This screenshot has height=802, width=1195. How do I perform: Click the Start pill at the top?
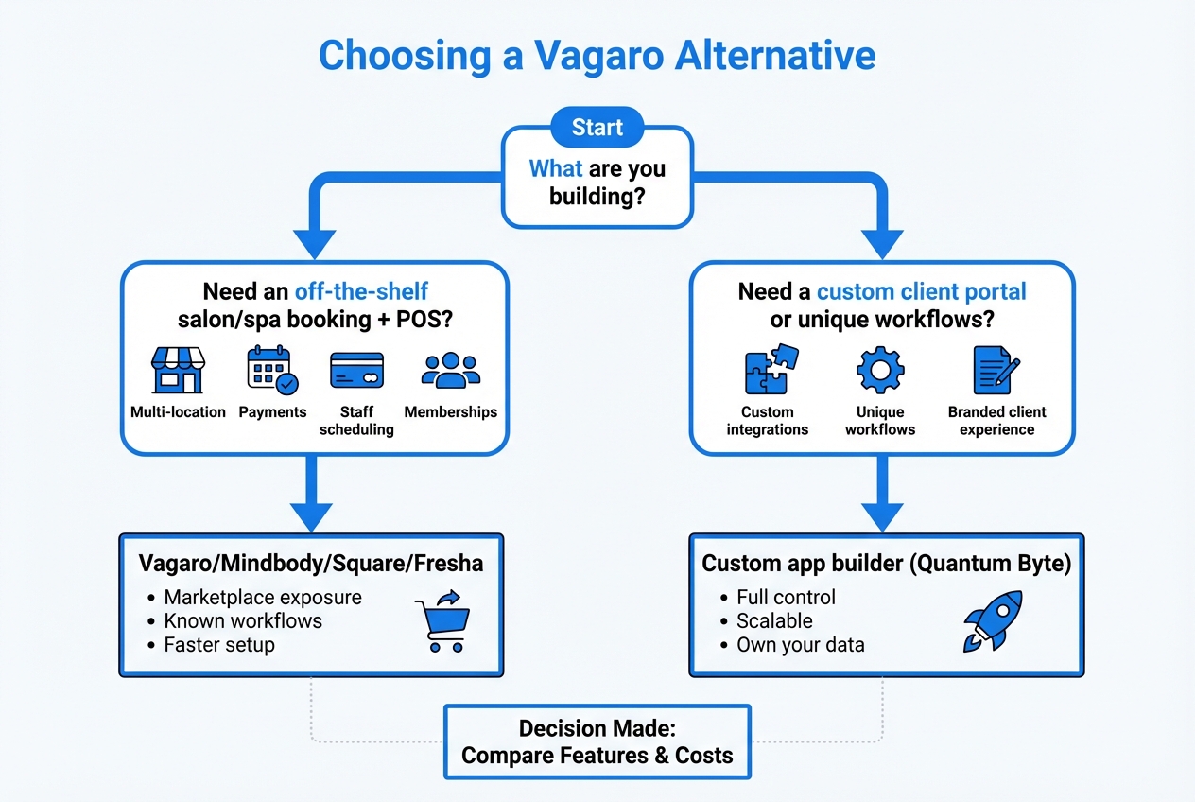[597, 127]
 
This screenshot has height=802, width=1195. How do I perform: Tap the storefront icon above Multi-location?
[178, 370]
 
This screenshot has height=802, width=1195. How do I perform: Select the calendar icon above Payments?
[272, 370]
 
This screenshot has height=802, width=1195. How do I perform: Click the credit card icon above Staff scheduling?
[356, 370]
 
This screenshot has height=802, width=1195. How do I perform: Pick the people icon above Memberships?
[450, 370]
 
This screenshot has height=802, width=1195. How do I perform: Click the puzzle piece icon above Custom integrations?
[771, 369]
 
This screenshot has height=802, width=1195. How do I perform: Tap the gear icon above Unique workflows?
[880, 370]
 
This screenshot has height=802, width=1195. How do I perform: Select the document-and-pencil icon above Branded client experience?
[996, 370]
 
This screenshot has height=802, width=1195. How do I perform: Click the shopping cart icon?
[442, 620]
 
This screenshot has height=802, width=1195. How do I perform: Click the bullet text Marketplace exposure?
[262, 598]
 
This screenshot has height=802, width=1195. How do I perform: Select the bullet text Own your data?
[800, 645]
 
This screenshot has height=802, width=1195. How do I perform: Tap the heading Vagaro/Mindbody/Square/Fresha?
[311, 564]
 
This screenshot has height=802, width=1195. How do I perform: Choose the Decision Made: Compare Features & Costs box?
[597, 741]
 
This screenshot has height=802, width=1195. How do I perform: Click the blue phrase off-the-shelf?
[361, 291]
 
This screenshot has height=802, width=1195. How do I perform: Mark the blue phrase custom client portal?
[921, 291]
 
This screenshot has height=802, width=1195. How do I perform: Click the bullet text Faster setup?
[218, 645]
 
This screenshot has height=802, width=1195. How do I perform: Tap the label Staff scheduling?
[356, 421]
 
